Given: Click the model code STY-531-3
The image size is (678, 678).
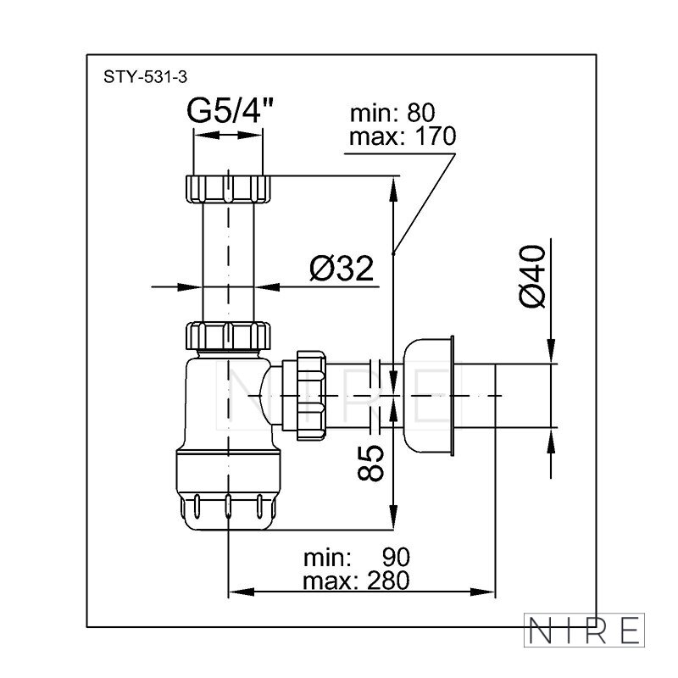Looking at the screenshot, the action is [145, 77].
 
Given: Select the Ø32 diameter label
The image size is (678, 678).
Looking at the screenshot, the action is [342, 268].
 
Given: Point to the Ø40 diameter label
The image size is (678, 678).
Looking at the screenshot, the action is [533, 276].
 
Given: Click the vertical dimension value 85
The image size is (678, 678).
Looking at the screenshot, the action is [370, 463].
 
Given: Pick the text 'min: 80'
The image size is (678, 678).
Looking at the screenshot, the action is [392, 114].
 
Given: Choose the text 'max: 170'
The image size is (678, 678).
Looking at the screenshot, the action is [402, 136].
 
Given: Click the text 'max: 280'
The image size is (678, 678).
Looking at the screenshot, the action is [356, 581].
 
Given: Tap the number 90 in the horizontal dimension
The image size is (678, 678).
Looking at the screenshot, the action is [396, 558].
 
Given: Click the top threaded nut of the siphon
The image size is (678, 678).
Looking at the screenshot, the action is [228, 189].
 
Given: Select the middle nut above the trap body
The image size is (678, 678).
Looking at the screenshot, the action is [228, 336].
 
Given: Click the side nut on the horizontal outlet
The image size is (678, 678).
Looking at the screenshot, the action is [311, 395].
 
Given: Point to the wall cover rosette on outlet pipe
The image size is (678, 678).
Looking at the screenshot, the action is [429, 395].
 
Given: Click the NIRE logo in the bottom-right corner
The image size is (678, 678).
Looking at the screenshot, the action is [584, 630].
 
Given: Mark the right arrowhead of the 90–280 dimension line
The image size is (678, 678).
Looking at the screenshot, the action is [482, 592].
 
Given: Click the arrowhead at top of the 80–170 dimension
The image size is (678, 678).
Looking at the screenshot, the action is [393, 189].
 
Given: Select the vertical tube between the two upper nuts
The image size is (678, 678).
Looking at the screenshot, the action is [228, 263].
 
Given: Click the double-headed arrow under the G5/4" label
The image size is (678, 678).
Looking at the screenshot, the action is [228, 135].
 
